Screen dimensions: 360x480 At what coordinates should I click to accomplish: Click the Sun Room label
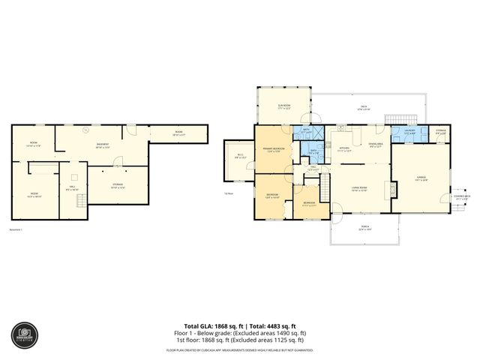pyautogui.click(x=284, y=107)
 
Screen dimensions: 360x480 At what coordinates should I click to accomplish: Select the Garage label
pyautogui.click(x=421, y=178)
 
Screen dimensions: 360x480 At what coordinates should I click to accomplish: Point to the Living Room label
pyautogui.click(x=358, y=188)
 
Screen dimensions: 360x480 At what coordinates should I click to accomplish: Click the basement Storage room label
pyautogui.click(x=118, y=187)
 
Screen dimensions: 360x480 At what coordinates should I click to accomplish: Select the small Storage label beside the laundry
pyautogui.click(x=440, y=132)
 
